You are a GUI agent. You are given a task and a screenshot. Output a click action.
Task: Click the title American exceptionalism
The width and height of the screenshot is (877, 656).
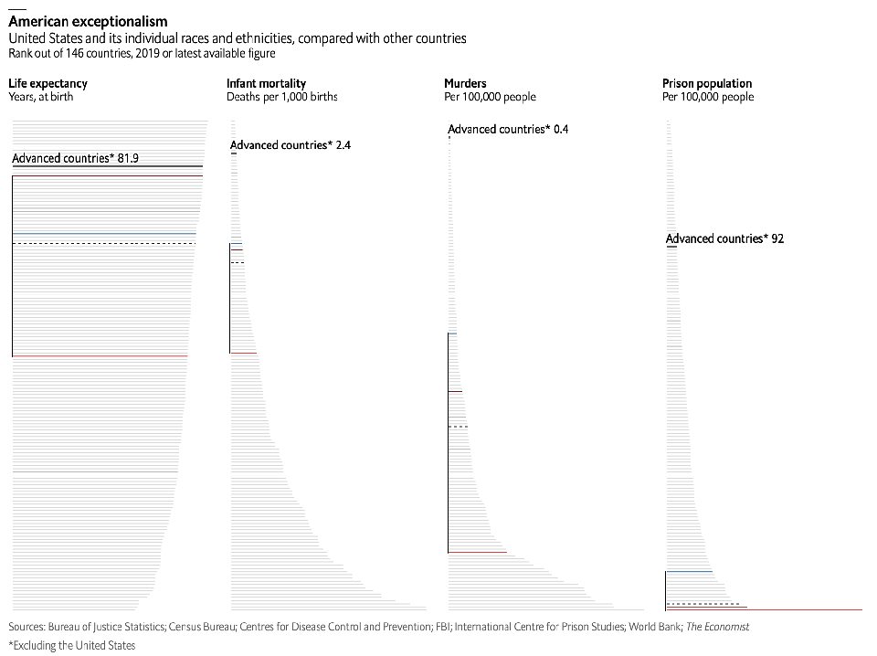click(88, 21)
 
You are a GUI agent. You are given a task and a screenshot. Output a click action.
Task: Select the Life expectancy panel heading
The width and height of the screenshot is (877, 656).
click(48, 84)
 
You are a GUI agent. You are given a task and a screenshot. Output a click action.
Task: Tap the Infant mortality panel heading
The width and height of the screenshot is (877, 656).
click(266, 84)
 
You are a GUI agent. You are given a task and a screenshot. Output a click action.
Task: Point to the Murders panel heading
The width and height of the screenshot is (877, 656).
click(465, 84)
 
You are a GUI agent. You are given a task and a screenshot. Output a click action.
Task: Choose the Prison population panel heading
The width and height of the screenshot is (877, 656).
click(706, 84)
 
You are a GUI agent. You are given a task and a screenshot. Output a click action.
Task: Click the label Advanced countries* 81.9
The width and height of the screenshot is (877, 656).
click(75, 159)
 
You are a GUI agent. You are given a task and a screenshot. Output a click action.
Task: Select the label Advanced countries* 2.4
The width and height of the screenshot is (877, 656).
click(291, 145)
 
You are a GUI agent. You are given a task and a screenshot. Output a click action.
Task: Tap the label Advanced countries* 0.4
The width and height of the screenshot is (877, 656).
click(508, 130)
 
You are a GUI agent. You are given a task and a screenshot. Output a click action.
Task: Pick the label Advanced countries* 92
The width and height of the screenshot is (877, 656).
click(724, 239)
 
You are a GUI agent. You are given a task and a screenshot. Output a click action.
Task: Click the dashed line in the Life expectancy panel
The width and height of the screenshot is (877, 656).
click(104, 244)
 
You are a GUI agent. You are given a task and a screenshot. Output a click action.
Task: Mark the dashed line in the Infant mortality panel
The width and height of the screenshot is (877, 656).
click(238, 263)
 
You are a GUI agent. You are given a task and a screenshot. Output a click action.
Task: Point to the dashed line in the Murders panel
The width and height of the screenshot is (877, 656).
click(458, 427)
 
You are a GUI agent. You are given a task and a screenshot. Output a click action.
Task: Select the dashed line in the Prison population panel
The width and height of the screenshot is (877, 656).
click(703, 604)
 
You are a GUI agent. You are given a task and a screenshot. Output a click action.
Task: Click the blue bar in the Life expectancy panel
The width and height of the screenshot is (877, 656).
click(104, 235)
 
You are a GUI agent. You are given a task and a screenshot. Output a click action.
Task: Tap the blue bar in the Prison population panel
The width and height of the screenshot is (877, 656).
click(689, 572)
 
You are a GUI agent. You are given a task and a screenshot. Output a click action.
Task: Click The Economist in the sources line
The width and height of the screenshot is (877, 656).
click(717, 627)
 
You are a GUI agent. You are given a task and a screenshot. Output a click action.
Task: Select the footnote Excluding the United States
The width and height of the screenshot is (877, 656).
click(74, 646)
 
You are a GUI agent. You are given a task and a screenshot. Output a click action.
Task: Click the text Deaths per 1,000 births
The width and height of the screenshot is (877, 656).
click(282, 97)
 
